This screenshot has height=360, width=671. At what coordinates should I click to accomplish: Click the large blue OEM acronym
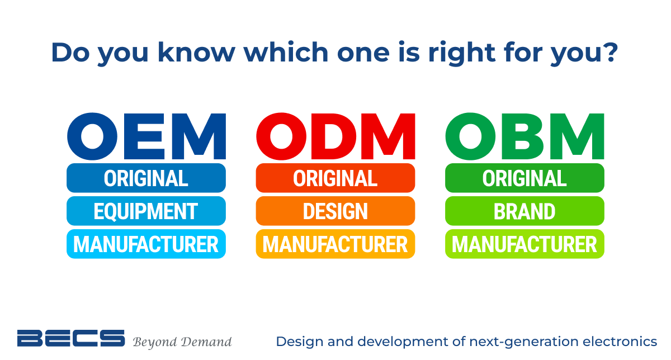pos(147,136)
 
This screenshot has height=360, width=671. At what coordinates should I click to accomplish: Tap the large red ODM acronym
pos(335,136)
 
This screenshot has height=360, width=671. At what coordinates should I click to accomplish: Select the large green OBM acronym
pos(524,136)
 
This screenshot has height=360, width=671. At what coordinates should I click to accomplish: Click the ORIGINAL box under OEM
pos(146,178)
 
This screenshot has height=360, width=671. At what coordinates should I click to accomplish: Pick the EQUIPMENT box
pos(146,211)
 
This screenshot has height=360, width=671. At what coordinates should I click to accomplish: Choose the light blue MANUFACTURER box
pos(146,244)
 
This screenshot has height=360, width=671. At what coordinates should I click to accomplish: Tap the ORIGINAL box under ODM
pos(335,178)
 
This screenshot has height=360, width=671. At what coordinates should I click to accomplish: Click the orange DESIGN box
pos(335,211)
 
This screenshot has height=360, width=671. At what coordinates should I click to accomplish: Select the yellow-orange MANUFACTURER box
pos(335,244)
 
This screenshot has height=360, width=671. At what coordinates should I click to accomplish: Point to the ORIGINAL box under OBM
pos(524,178)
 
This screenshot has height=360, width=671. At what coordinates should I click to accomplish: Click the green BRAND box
pos(524,211)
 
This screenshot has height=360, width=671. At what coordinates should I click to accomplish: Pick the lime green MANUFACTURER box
pos(524,244)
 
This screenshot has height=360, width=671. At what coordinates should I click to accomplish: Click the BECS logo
pos(70,338)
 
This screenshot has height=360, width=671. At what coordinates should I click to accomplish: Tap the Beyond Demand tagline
pos(182,342)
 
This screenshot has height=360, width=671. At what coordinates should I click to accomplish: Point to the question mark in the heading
pos(611,52)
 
